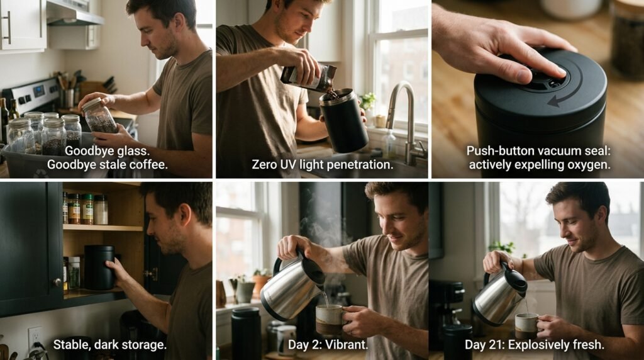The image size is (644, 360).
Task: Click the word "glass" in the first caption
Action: tap(128, 151)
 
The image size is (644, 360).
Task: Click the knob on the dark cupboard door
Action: tap(57, 283)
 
